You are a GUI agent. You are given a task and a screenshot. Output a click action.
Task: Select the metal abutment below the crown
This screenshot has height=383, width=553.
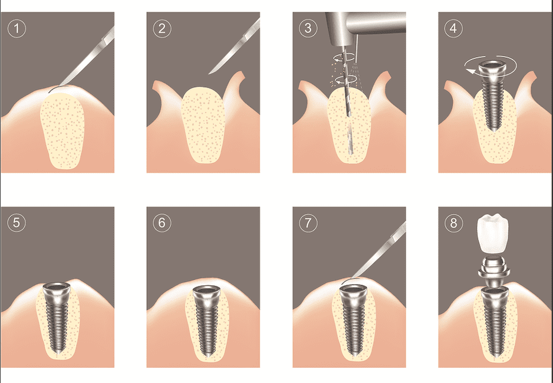pyautogui.click(x=494, y=269)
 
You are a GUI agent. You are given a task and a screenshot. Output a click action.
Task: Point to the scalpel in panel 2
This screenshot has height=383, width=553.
pyautogui.click(x=236, y=47)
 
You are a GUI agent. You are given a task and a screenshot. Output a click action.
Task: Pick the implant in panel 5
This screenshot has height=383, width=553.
pyautogui.click(x=57, y=318)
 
